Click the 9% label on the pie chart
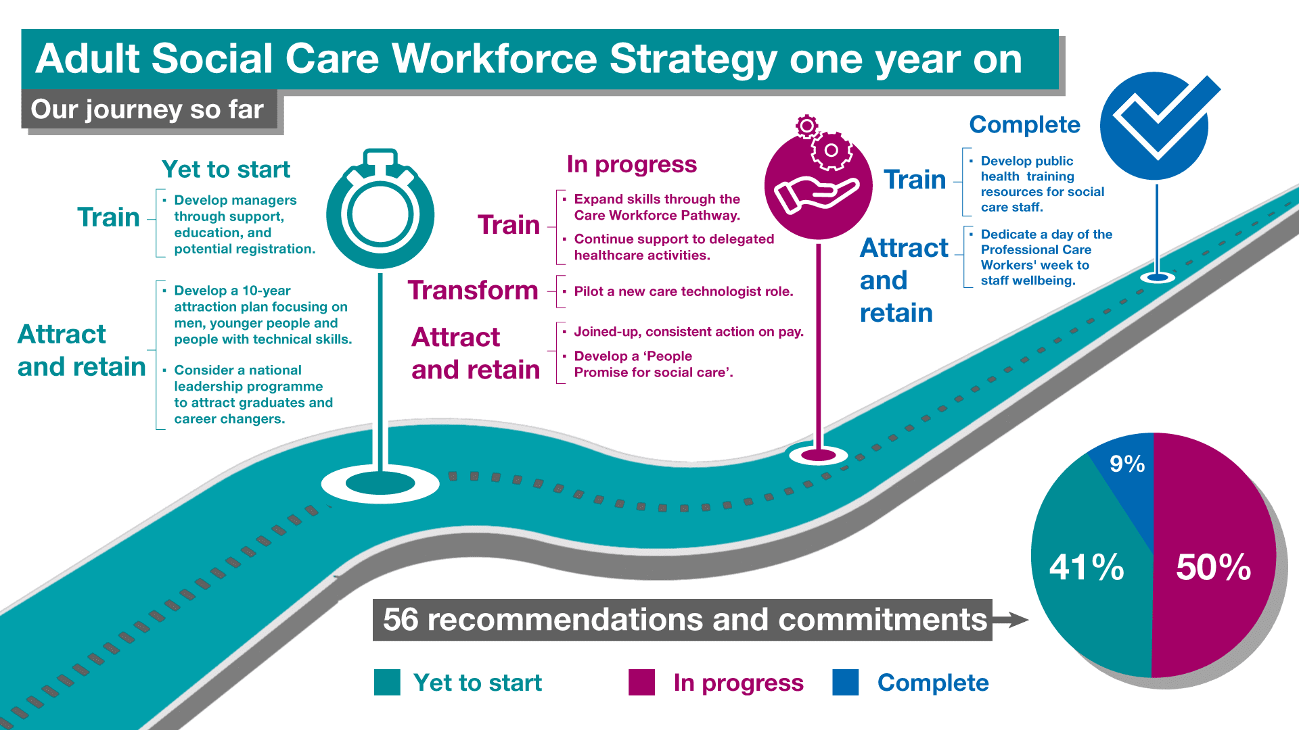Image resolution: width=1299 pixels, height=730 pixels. coord(1127,464)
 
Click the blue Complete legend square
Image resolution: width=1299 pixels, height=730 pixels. coord(846,682)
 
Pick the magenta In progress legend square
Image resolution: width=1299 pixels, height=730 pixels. coord(641,682)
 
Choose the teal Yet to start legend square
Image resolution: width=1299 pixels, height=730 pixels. coord(387,682)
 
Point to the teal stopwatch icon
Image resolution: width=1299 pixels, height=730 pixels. coord(380,210)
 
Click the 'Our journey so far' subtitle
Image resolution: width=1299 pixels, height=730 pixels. coord(147,109)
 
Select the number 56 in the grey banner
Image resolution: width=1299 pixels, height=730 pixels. coord(401,620)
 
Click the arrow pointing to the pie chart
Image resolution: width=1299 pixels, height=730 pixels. coord(1010,619)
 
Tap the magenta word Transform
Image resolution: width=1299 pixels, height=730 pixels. coord(473,290)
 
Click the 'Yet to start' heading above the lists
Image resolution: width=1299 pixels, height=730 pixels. coord(226,169)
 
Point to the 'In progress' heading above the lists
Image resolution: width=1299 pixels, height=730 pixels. coord(632,164)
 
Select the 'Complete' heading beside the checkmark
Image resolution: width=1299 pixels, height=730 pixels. coord(1025,124)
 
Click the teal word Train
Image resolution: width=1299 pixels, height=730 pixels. coord(108,217)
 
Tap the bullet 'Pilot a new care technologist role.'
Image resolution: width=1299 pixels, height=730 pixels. coord(683,291)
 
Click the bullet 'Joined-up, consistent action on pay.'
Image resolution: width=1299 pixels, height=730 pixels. coord(689,332)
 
